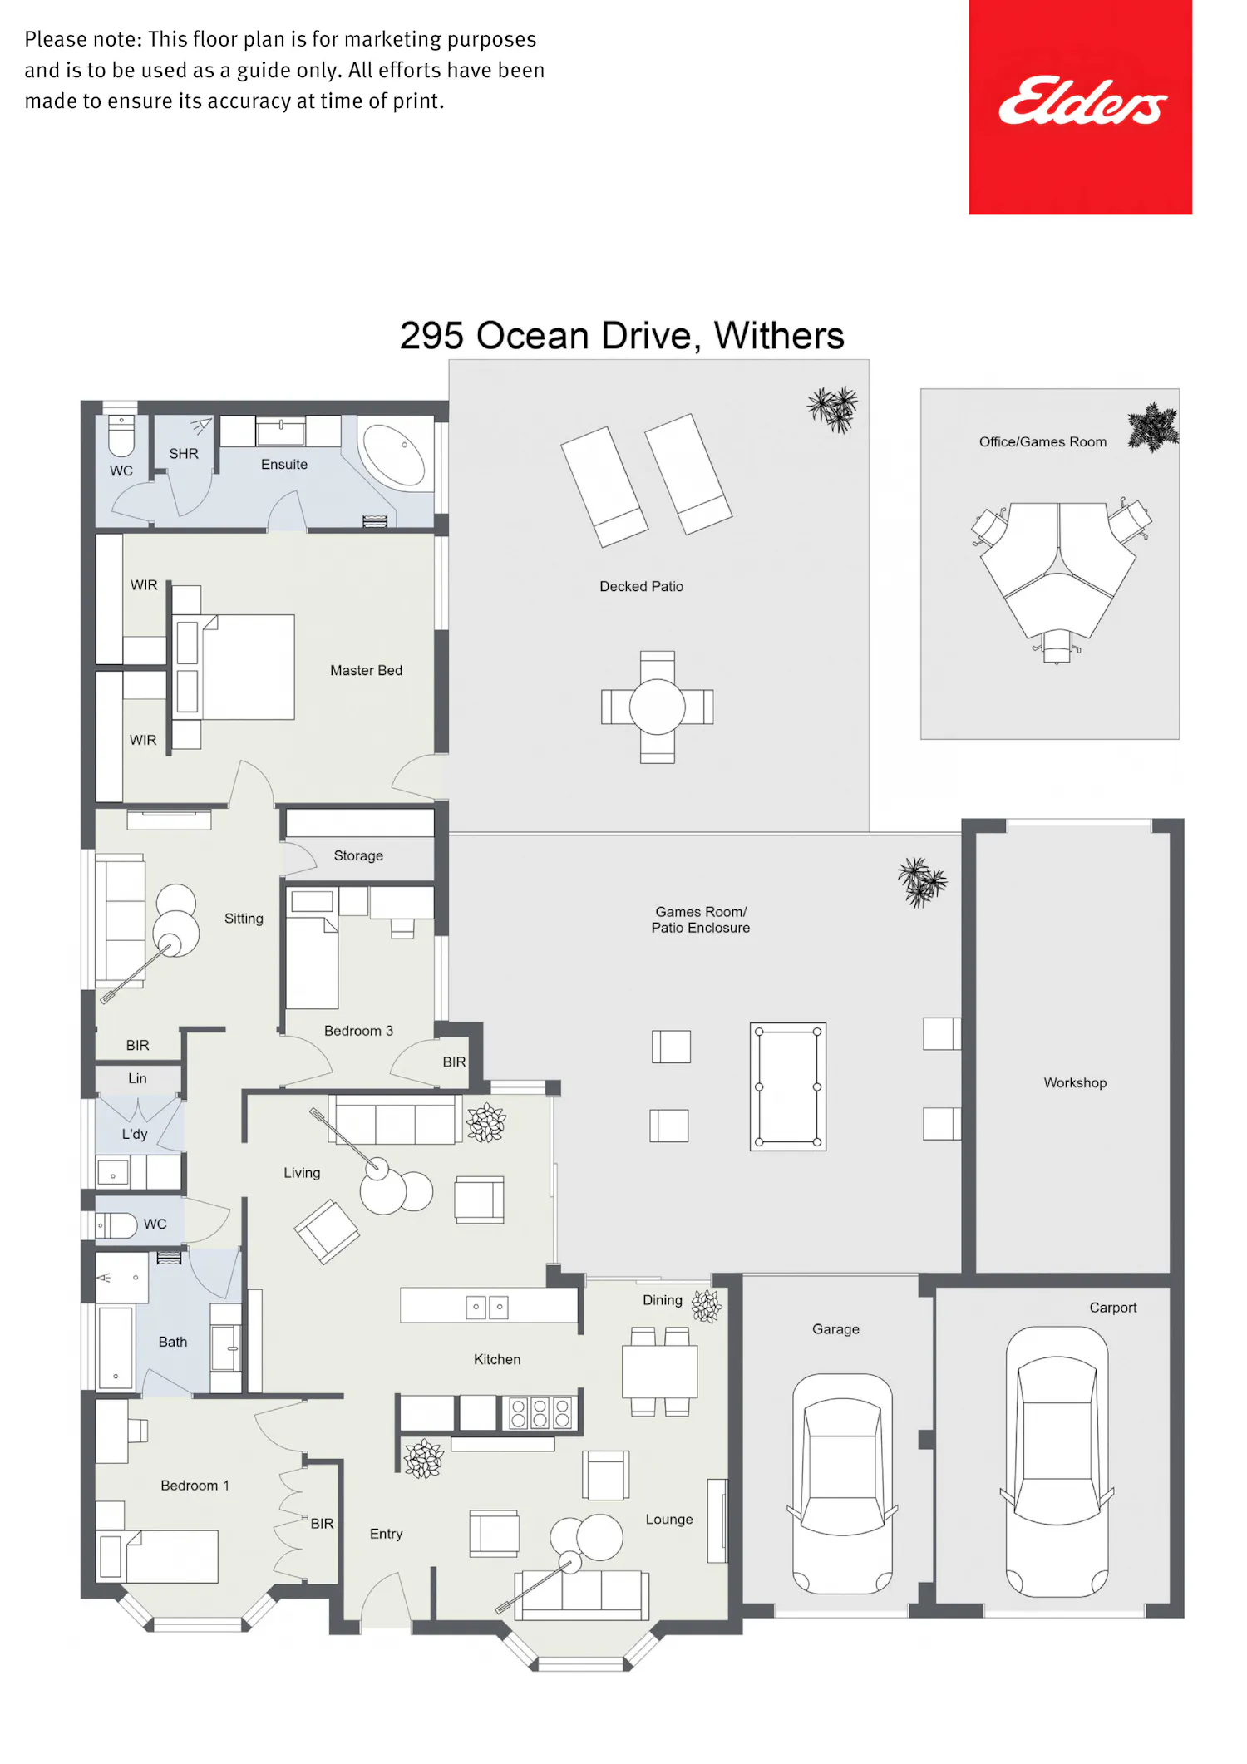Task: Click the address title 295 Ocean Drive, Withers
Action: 622,336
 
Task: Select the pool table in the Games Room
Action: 787,1086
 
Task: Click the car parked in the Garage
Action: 842,1483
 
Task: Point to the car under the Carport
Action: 1057,1461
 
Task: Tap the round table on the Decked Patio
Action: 657,707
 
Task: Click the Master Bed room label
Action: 366,670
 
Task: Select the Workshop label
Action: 1075,1082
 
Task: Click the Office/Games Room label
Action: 1042,441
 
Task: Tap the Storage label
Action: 358,855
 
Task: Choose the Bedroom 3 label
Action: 358,1031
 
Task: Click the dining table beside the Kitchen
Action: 660,1372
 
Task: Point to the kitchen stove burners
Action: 540,1412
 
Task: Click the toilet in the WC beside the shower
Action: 121,436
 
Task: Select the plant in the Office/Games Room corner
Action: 1153,427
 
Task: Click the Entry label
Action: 386,1534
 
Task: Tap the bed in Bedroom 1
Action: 158,1556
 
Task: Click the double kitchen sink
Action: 487,1307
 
